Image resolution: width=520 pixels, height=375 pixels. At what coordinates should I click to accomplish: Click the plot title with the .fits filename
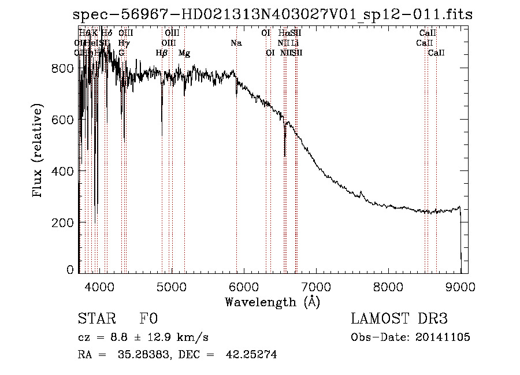point(273,15)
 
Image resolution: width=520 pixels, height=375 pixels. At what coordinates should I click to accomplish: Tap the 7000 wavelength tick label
point(316,286)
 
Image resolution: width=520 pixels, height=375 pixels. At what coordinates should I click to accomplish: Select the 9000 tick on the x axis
point(460,286)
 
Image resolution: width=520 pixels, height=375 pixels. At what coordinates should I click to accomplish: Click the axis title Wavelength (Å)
point(272,302)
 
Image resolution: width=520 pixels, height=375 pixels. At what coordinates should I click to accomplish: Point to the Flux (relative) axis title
point(38,151)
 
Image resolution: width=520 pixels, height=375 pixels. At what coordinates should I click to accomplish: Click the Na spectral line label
point(236,43)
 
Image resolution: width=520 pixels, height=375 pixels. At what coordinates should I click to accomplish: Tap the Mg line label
point(184,53)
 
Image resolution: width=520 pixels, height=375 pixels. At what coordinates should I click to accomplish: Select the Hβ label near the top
point(162,53)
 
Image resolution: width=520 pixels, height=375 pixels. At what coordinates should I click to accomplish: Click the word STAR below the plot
point(94,320)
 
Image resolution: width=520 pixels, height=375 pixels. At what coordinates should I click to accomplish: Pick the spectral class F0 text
point(148,320)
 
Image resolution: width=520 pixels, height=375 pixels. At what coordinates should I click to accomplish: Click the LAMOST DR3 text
point(399,320)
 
